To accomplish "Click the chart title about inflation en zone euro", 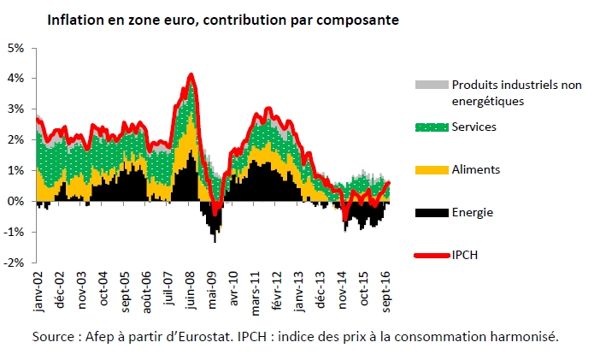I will [222, 18].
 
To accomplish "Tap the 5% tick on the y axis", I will [15, 47].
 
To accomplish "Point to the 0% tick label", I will [15, 202].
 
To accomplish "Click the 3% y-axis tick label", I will [15, 109].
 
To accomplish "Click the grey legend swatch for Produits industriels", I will [430, 85].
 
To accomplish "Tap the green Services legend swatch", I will [430, 127].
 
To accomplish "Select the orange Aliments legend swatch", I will [430, 169].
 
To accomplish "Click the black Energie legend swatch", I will [430, 212].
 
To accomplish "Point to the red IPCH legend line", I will [430, 255].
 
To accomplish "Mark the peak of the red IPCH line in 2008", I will [191, 74].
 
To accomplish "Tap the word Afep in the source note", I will [101, 336].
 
